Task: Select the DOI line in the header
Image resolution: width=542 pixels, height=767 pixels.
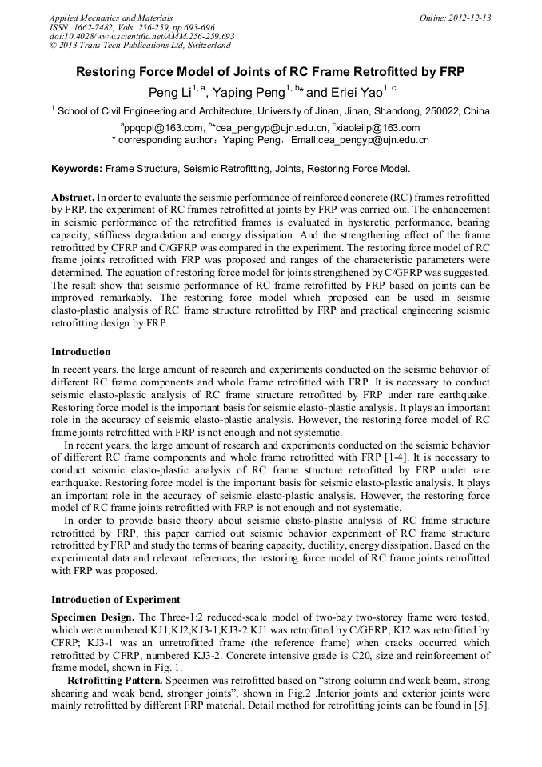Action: (x=141, y=36)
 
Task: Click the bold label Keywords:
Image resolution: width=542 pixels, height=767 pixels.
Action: (x=76, y=169)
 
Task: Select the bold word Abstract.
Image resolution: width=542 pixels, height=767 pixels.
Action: (x=73, y=197)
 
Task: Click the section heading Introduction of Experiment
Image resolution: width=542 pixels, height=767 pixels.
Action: (x=115, y=599)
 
